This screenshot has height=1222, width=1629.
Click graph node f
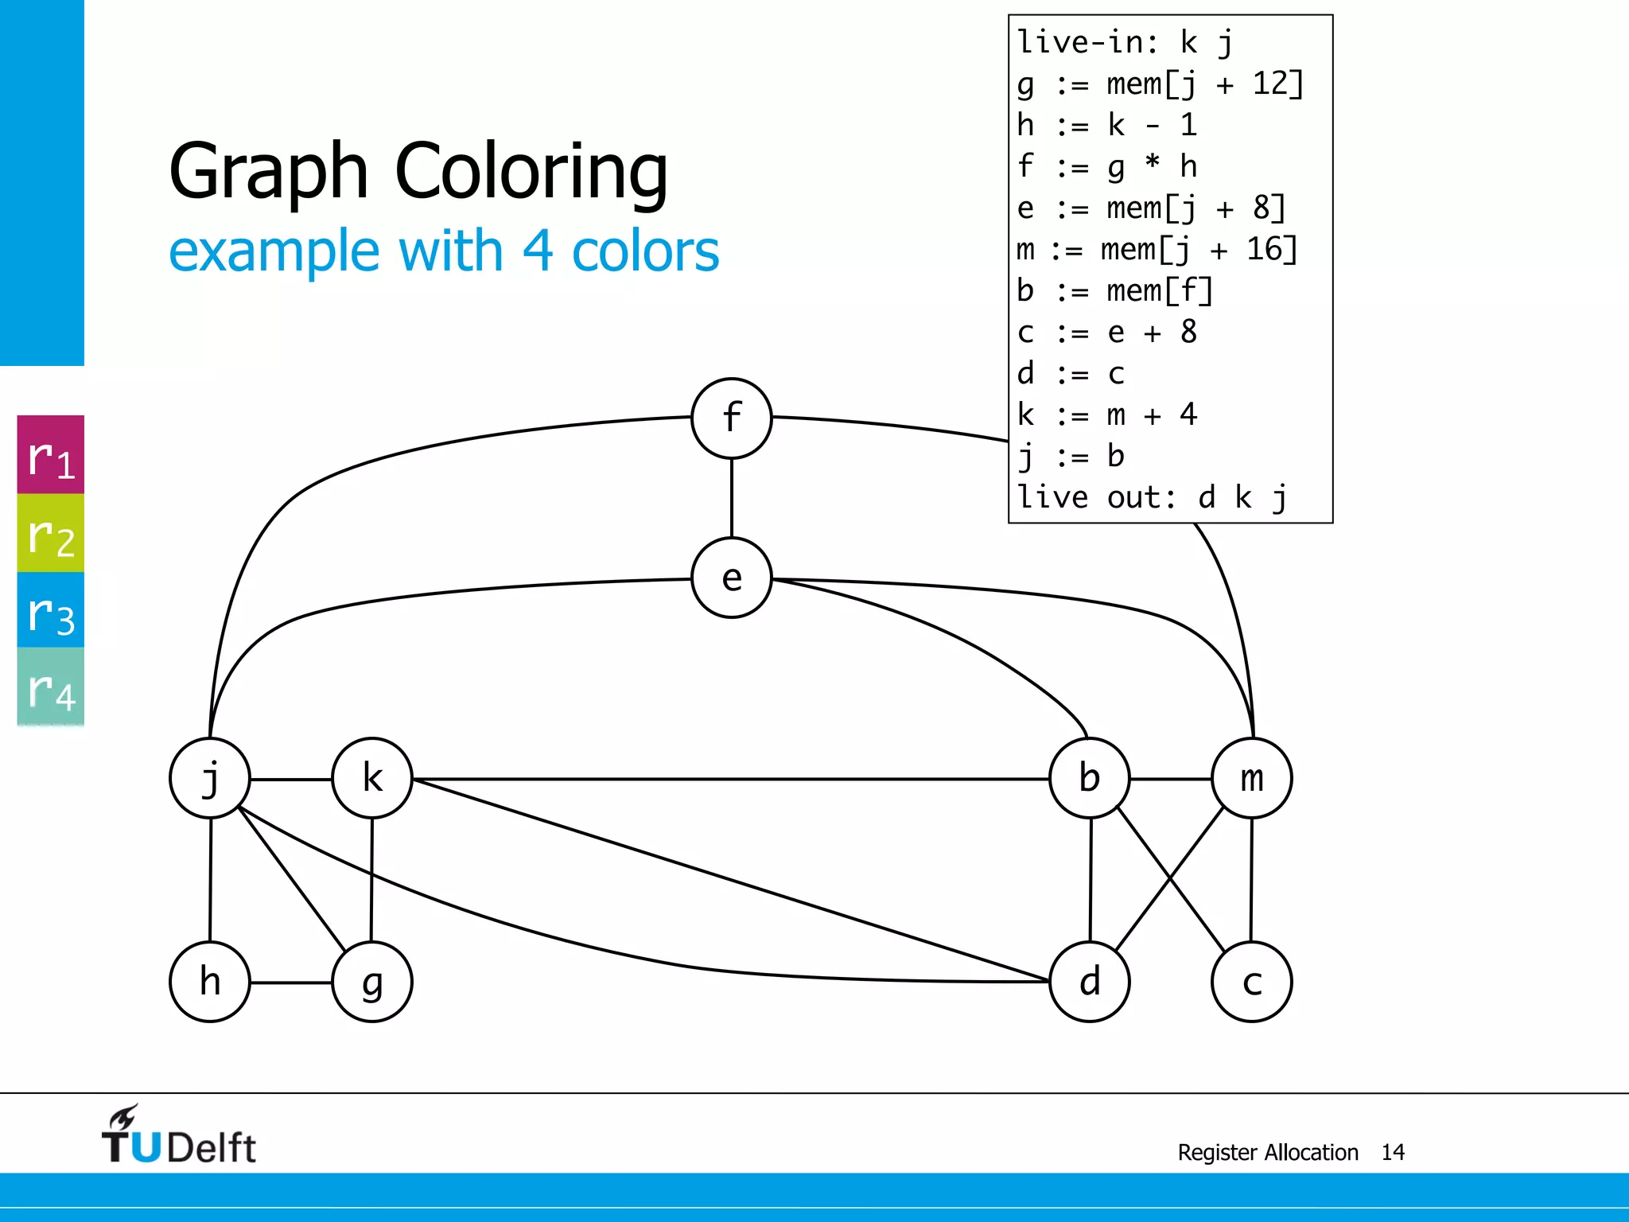(x=732, y=418)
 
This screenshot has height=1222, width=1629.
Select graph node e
(x=732, y=578)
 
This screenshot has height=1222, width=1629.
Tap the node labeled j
(x=210, y=778)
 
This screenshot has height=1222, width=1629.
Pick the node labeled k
(x=372, y=778)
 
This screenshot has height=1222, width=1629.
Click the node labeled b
(x=1090, y=778)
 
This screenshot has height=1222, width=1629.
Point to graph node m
(x=1252, y=778)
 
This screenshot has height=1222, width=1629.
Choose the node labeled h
(x=210, y=982)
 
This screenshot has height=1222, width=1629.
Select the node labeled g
(x=372, y=982)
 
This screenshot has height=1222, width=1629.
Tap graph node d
(x=1090, y=982)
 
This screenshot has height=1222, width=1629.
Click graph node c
(x=1252, y=982)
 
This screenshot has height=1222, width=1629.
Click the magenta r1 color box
(x=51, y=455)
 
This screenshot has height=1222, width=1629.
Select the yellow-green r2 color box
(x=51, y=533)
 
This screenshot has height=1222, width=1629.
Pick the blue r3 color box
(x=51, y=610)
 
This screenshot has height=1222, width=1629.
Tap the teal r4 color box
(x=51, y=687)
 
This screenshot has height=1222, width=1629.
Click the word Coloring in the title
(x=531, y=171)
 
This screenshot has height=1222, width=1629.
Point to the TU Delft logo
(x=178, y=1136)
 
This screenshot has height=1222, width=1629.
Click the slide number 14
(x=1393, y=1152)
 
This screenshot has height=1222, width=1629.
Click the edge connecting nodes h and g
(x=291, y=983)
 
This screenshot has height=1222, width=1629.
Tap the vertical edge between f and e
(x=732, y=498)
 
